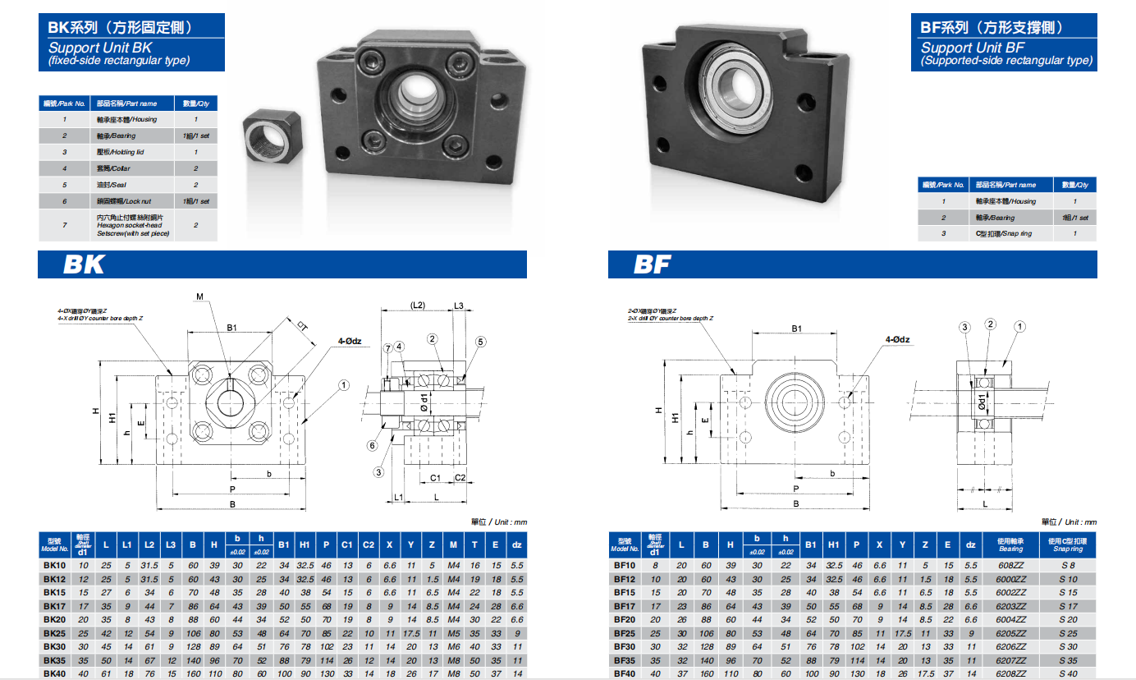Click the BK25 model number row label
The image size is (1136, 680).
(54, 634)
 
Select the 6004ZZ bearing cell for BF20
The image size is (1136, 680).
(1010, 620)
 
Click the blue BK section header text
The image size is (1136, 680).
(84, 265)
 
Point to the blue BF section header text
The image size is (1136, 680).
(652, 265)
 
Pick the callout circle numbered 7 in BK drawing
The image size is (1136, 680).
(387, 348)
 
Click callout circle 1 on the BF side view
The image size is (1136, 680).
(1019, 327)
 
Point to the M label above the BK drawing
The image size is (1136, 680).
(199, 296)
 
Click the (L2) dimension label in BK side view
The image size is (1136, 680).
(418, 306)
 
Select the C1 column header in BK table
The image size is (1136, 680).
(346, 544)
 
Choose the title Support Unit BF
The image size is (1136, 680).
(972, 48)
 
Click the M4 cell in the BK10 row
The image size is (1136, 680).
(453, 566)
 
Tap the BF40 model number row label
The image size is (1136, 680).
(625, 673)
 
